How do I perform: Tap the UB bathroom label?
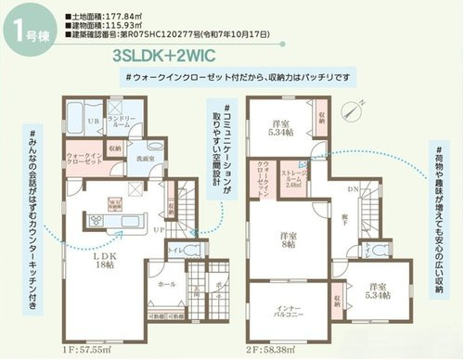(93, 122)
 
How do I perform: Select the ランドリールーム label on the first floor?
(124, 122)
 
